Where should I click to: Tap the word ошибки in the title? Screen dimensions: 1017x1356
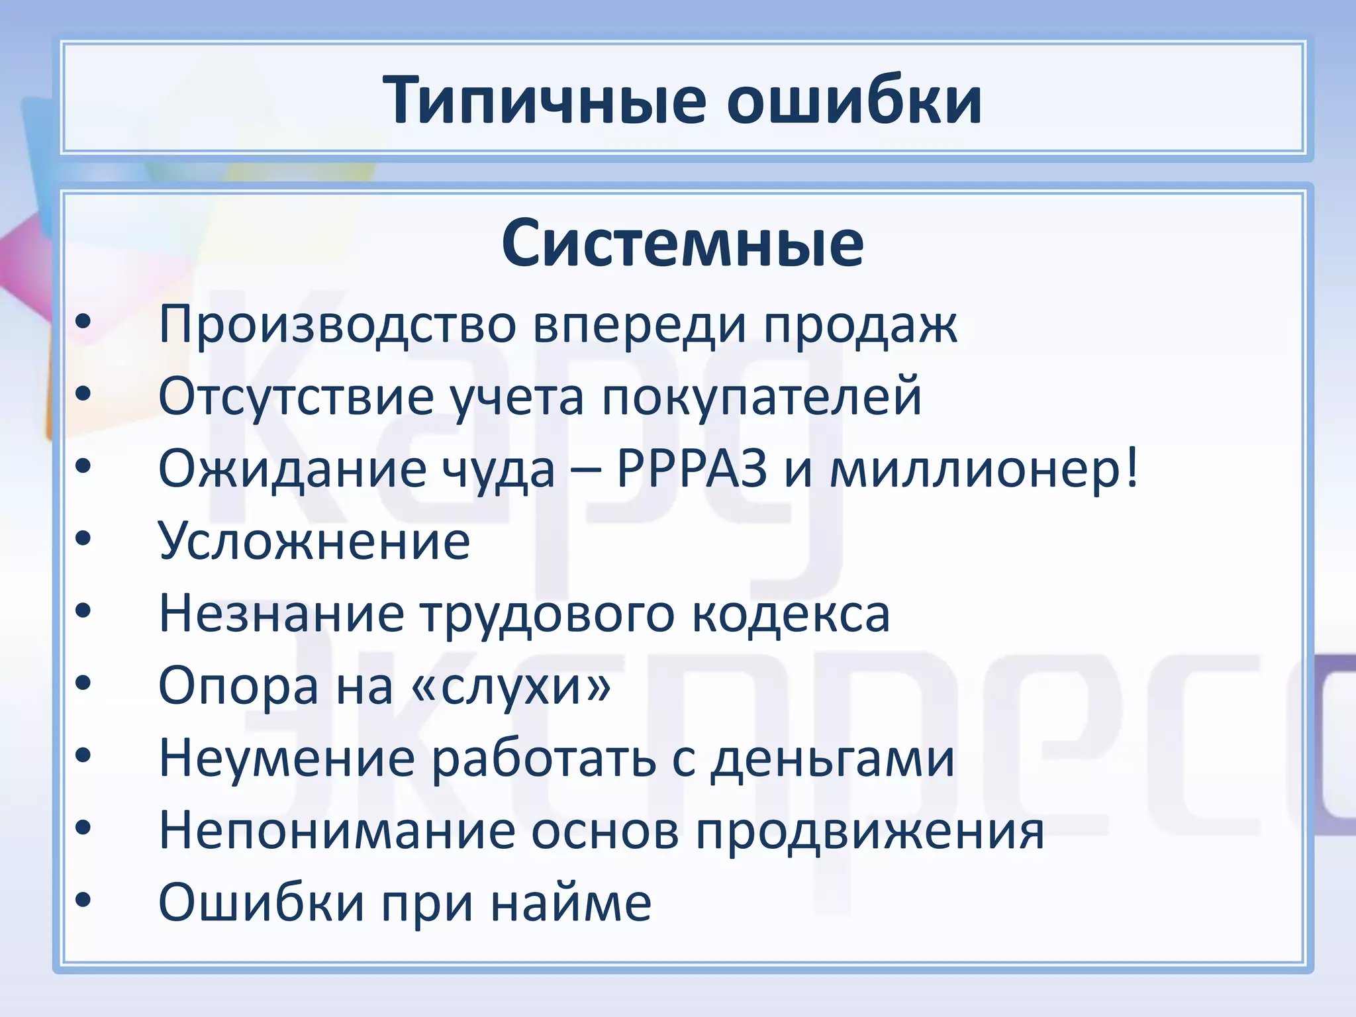point(854,101)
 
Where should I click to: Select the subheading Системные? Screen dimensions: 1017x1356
point(682,244)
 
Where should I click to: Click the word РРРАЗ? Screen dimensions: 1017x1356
point(692,469)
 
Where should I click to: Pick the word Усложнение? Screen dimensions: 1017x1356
point(315,541)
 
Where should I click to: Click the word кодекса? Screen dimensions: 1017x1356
point(791,614)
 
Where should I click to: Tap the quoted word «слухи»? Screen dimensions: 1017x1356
point(510,686)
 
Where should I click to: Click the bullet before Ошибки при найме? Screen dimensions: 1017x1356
point(83,900)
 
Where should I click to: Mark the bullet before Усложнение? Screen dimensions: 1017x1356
point(83,538)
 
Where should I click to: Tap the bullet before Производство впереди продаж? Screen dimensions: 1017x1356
point(83,322)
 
